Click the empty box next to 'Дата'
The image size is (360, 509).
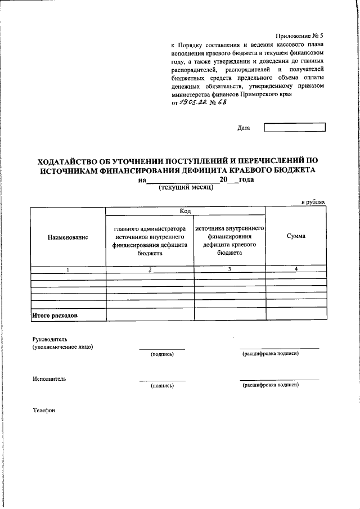point(294,128)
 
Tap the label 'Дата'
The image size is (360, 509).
point(244,128)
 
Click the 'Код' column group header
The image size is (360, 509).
point(186,211)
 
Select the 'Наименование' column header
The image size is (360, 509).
point(68,237)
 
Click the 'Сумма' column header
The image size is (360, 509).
point(295,236)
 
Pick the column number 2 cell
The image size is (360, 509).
point(150,270)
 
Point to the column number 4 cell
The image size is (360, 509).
point(295,270)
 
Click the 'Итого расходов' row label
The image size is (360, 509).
point(55,316)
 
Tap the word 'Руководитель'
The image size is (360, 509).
point(50,340)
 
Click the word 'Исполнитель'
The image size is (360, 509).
point(49,379)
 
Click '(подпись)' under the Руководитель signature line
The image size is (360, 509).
point(162,354)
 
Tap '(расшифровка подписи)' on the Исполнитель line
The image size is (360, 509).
point(270,385)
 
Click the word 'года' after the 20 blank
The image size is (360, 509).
point(246,180)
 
